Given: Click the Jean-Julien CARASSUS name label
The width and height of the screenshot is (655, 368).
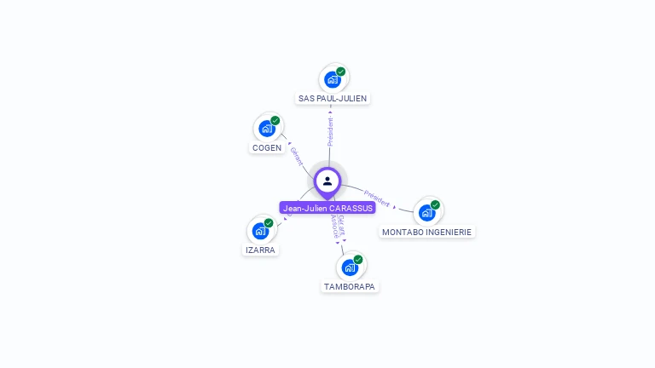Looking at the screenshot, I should pyautogui.click(x=327, y=208).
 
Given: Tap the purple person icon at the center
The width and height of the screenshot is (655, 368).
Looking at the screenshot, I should pyautogui.click(x=327, y=181).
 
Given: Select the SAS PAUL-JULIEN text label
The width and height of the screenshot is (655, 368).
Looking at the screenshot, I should pyautogui.click(x=333, y=98).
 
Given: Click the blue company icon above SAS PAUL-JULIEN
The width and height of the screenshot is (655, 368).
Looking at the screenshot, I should pyautogui.click(x=333, y=79).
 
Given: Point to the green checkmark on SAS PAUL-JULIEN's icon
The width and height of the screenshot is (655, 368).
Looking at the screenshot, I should pyautogui.click(x=341, y=72).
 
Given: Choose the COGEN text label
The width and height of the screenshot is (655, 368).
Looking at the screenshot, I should pyautogui.click(x=267, y=147).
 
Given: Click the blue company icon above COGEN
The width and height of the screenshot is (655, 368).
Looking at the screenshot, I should pyautogui.click(x=267, y=129).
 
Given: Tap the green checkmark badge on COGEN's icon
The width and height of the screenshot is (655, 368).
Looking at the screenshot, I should pyautogui.click(x=275, y=121).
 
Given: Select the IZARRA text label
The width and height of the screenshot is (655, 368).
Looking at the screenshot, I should pyautogui.click(x=260, y=250).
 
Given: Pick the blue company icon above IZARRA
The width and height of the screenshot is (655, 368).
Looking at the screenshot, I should pyautogui.click(x=260, y=230).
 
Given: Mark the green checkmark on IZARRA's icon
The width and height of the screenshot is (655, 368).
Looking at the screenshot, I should pyautogui.click(x=269, y=223).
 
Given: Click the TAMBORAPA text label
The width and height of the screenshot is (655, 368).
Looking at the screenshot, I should pyautogui.click(x=350, y=286).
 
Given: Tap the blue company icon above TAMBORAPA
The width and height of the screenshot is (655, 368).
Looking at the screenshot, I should pyautogui.click(x=350, y=267).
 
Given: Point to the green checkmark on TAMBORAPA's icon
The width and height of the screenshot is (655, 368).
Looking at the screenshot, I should pyautogui.click(x=358, y=259).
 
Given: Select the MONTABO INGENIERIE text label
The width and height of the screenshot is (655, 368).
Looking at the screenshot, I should pyautogui.click(x=426, y=232).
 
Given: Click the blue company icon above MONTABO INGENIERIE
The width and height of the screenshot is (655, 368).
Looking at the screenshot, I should pyautogui.click(x=426, y=212).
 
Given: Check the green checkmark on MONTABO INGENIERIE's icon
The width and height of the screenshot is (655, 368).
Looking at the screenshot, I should pyautogui.click(x=435, y=204).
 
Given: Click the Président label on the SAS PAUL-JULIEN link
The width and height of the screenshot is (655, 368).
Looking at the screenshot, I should pyautogui.click(x=330, y=131).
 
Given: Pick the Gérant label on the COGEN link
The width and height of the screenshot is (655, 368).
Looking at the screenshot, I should pyautogui.click(x=296, y=156).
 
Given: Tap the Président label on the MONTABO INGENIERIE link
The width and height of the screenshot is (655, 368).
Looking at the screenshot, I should pyautogui.click(x=376, y=198).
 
